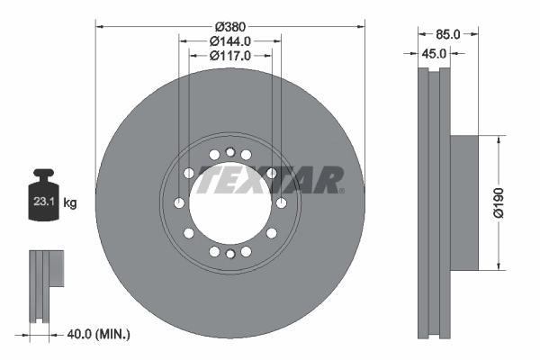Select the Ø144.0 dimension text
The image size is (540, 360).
point(230,41)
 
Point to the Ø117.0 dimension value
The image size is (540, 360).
point(230,56)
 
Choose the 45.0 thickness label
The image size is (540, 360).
point(435,53)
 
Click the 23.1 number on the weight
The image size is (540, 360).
point(43,203)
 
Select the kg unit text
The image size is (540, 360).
point(70,203)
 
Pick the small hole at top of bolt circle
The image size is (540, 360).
point(230,152)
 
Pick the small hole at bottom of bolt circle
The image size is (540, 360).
point(230,256)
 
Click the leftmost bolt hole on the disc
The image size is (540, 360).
point(179,203)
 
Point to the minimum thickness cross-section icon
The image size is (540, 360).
point(44,286)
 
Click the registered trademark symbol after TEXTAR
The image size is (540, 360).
point(341,190)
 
